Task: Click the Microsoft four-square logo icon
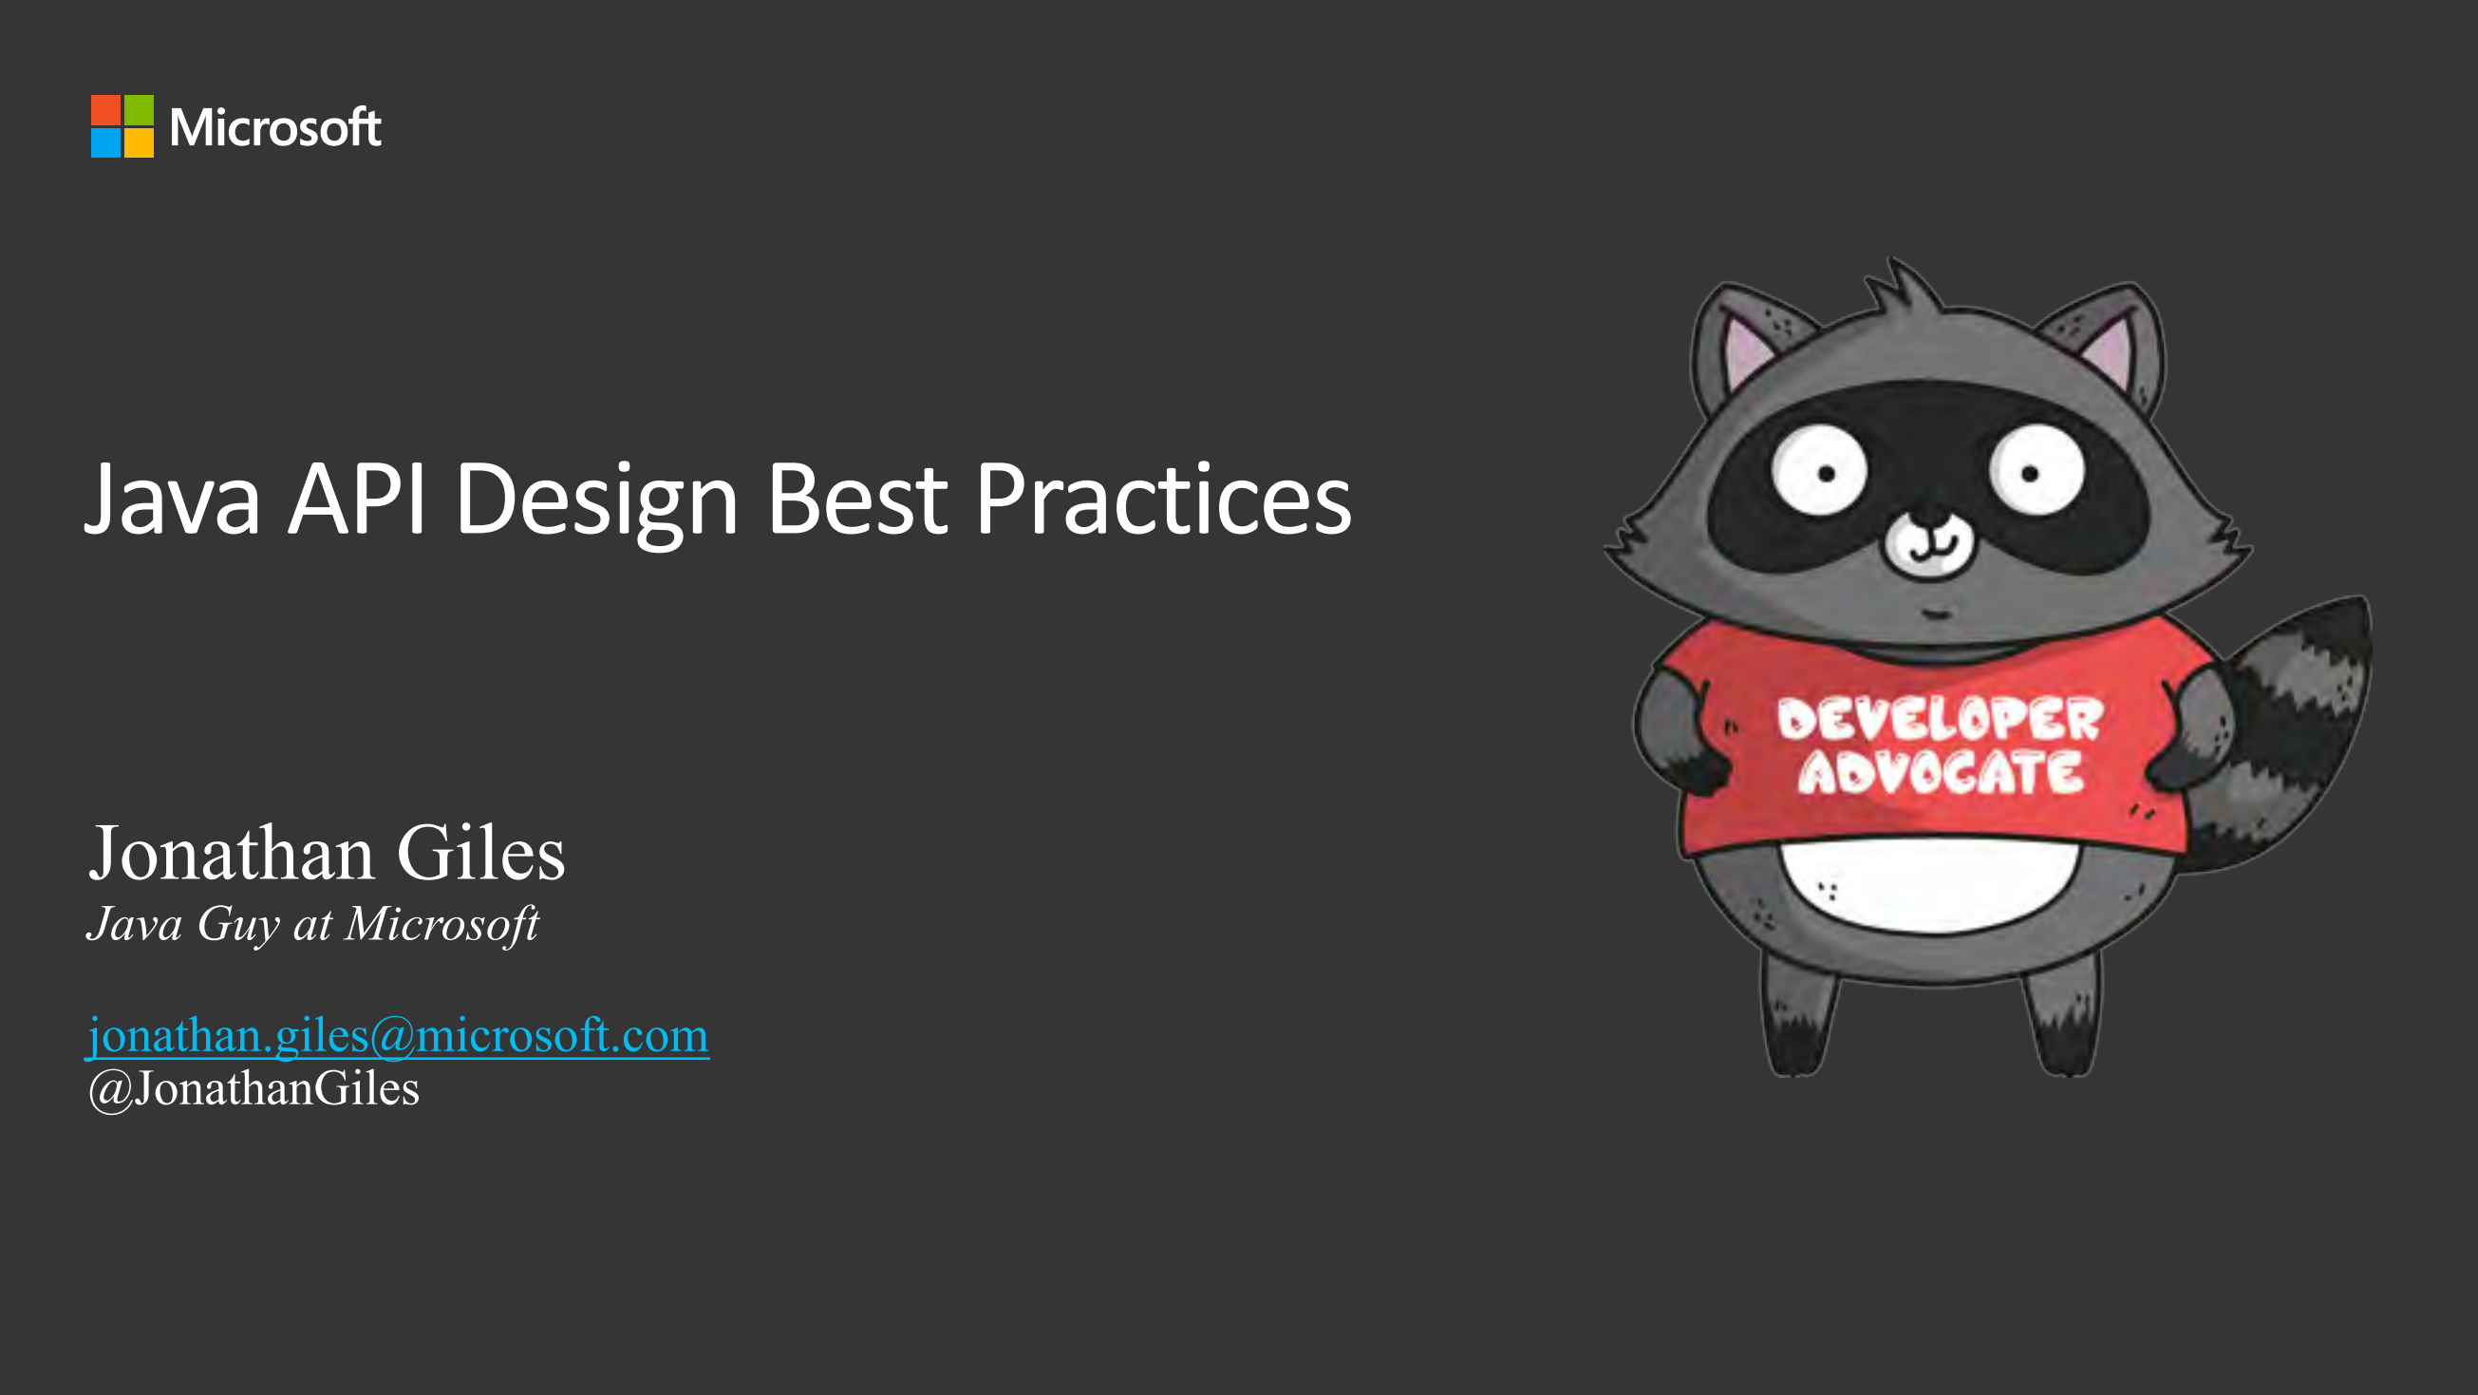pos(122,126)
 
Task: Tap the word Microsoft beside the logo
pos(275,128)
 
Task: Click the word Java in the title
pos(173,500)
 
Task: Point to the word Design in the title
pos(596,501)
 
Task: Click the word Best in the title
pos(856,500)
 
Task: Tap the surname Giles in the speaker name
pos(480,854)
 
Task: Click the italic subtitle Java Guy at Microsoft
pos(312,925)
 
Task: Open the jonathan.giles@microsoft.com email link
pos(397,1036)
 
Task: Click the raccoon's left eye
pos(1820,472)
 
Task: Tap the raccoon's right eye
pos(2037,472)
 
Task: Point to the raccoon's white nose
pos(1927,544)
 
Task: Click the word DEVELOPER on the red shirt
pos(1940,720)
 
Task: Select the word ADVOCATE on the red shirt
pos(1940,773)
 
